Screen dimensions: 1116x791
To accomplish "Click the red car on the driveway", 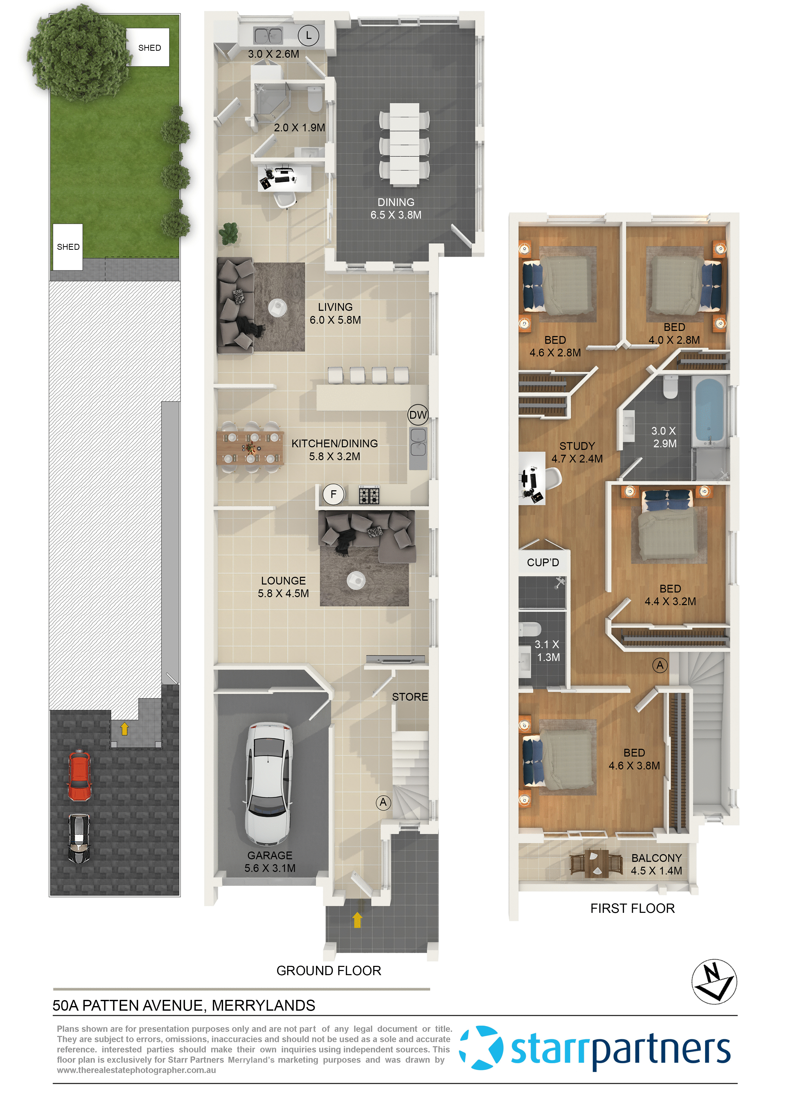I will [x=79, y=776].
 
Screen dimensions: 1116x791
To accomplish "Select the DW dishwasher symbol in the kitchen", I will [x=418, y=415].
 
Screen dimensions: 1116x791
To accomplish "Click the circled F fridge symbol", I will [x=334, y=494].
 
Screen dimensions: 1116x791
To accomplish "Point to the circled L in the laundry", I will [x=308, y=36].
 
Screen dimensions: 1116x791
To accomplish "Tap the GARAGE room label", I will [x=270, y=855].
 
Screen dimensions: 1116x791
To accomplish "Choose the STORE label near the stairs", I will [x=410, y=697].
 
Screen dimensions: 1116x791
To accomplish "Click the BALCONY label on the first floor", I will [x=656, y=858].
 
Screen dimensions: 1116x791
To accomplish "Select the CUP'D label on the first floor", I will [x=543, y=562].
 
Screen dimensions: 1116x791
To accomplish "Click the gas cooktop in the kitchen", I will [x=369, y=495].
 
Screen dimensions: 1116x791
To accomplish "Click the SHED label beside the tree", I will [x=150, y=48].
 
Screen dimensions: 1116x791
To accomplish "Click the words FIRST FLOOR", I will [x=632, y=908].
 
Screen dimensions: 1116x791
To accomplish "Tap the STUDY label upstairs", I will [x=577, y=446].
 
